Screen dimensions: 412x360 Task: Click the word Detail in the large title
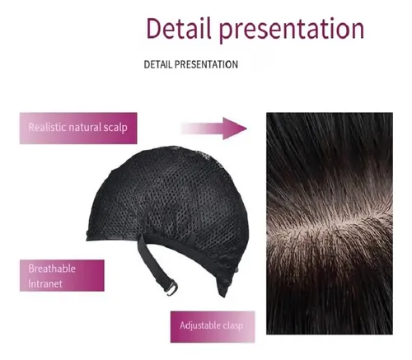click(x=179, y=28)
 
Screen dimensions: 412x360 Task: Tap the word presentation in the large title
click(x=292, y=30)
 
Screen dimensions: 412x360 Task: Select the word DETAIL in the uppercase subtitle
click(x=158, y=64)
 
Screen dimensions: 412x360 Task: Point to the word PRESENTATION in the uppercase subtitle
click(x=206, y=64)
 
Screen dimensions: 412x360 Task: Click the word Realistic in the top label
click(x=47, y=128)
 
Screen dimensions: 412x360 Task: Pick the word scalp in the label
click(x=115, y=129)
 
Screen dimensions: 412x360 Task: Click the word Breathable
click(x=52, y=269)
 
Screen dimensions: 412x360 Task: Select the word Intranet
click(x=45, y=283)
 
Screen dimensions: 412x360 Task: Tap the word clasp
click(x=232, y=325)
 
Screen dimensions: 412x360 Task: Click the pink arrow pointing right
click(x=213, y=129)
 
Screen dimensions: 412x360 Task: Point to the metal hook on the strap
click(x=171, y=288)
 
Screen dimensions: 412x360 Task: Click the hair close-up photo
click(x=330, y=223)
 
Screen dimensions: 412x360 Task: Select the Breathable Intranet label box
click(x=62, y=275)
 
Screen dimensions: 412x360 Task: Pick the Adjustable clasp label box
click(x=213, y=327)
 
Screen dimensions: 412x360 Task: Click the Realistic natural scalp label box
click(x=78, y=128)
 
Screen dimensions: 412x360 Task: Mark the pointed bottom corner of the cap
click(x=224, y=297)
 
